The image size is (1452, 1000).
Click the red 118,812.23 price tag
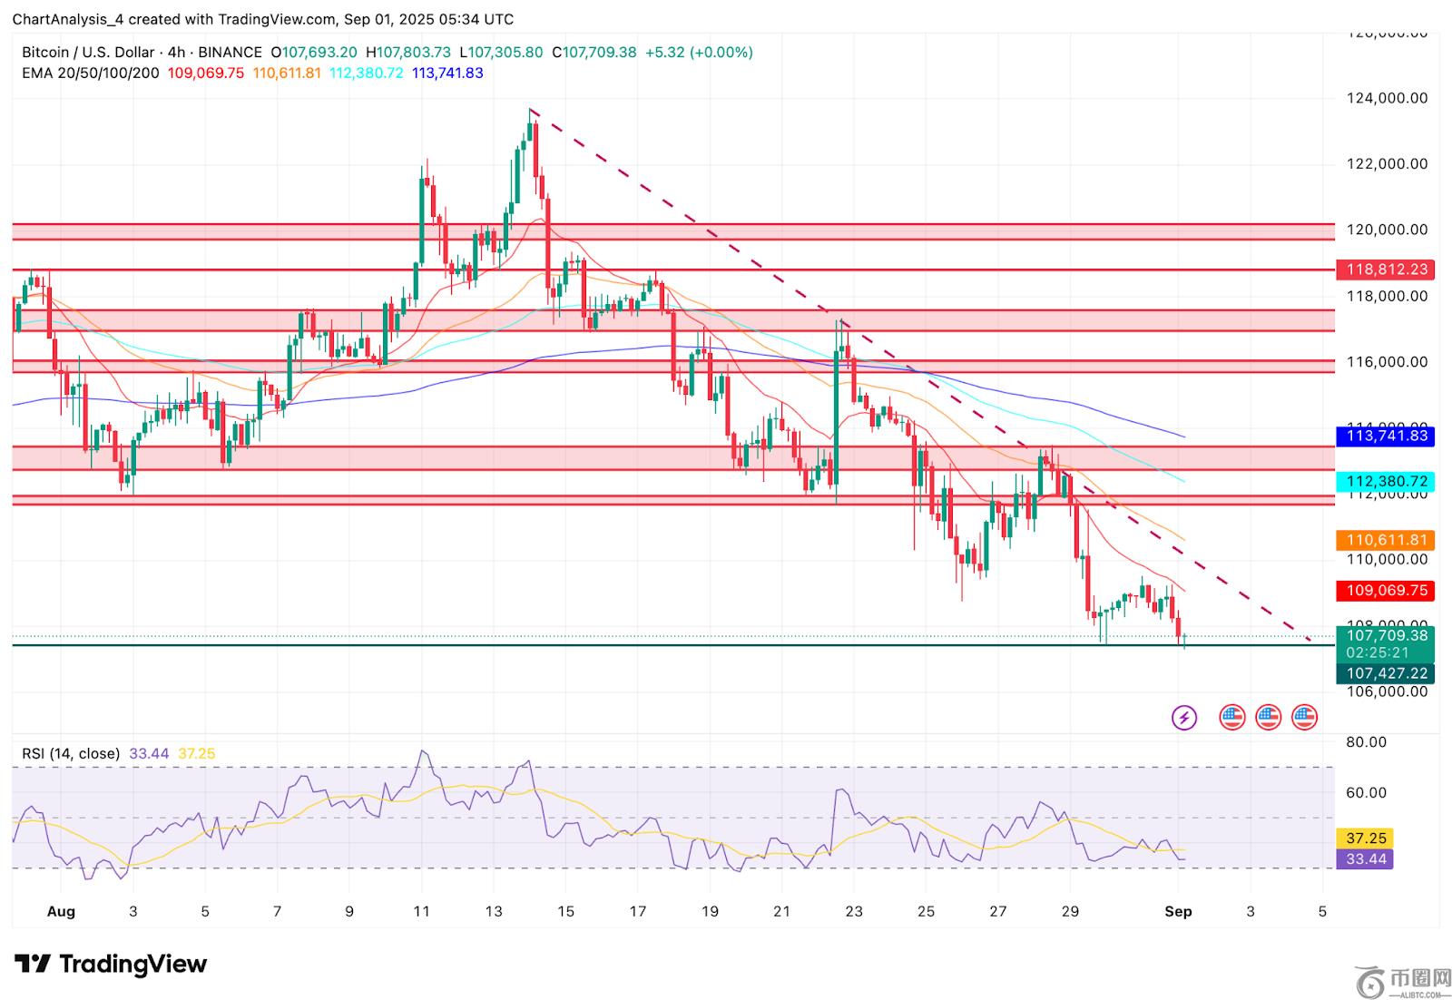pos(1387,270)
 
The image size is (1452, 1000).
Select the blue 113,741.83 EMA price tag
pos(1387,436)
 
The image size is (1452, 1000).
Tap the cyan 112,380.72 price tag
pos(1387,482)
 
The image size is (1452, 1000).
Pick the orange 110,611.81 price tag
pos(1387,540)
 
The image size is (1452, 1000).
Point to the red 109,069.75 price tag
pos(1387,591)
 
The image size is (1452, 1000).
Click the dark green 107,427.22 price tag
pos(1387,673)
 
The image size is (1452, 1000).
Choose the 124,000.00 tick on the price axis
pos(1387,98)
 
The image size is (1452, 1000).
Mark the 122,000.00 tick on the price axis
pos(1387,164)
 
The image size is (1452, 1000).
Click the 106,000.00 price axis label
pos(1387,691)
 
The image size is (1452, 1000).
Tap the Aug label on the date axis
pos(61,911)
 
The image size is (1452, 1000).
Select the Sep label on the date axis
pos(1178,911)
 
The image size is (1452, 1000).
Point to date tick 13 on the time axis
pos(494,911)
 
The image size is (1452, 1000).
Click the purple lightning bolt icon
pos(1184,719)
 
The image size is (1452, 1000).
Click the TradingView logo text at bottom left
pos(112,964)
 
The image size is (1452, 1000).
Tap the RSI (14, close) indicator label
pos(71,753)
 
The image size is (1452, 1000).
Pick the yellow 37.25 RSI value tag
pos(1366,838)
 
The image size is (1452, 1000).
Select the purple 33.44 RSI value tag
pos(1366,859)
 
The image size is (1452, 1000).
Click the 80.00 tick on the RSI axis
pos(1366,742)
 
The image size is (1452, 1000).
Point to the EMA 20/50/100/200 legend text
pos(91,74)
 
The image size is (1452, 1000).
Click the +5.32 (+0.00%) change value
pos(699,53)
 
